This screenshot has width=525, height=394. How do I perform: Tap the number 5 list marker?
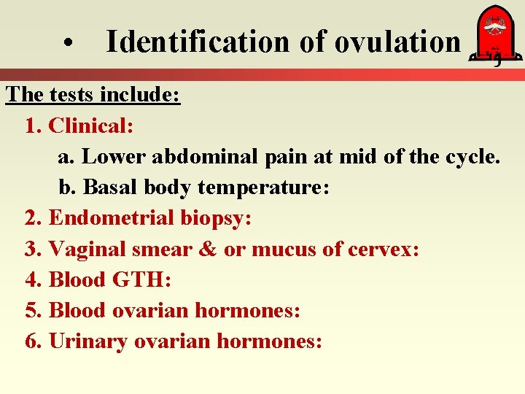pyautogui.click(x=31, y=310)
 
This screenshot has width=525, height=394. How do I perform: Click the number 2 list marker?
pyautogui.click(x=31, y=217)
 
